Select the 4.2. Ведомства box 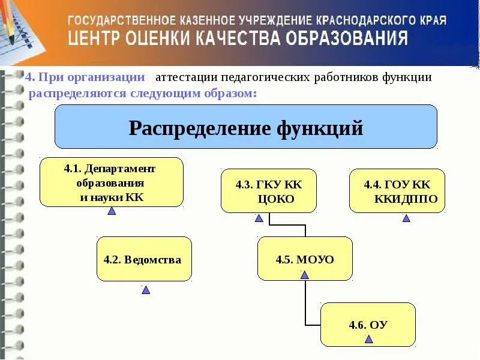pos(144,259)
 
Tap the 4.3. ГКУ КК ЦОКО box pos(268,191)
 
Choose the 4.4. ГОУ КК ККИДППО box pos(397,191)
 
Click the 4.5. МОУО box pos(305,258)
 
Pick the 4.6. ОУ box pos(368,324)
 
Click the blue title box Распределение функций pos(246,127)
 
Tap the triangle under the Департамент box pos(112,211)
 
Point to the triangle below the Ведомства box pos(146,290)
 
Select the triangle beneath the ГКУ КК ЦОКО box pos(259,218)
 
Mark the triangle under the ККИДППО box pos(406,218)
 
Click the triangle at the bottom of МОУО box pos(304,275)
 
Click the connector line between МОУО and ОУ pos(305,303)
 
